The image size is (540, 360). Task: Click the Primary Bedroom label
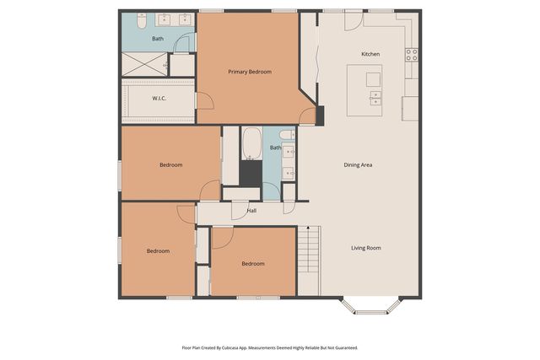coord(250,72)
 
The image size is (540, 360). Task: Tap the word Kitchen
coord(370,54)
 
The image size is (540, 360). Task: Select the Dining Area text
coord(358,165)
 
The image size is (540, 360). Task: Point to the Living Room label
coord(365,248)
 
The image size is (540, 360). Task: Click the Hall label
coord(251,211)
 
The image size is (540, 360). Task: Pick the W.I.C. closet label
coord(159,99)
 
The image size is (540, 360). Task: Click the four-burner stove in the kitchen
coord(412,55)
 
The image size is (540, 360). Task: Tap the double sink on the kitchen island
coord(375,98)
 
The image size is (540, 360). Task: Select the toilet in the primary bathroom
coord(142,20)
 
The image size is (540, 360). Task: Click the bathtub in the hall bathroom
coord(251,144)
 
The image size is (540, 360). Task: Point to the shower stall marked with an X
coord(144,64)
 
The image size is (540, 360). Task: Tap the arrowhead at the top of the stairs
coord(308,228)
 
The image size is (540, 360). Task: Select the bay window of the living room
coord(371,307)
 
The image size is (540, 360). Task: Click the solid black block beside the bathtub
coord(251,174)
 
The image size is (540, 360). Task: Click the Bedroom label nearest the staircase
coord(253,264)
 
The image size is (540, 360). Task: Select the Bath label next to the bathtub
coord(276,148)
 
